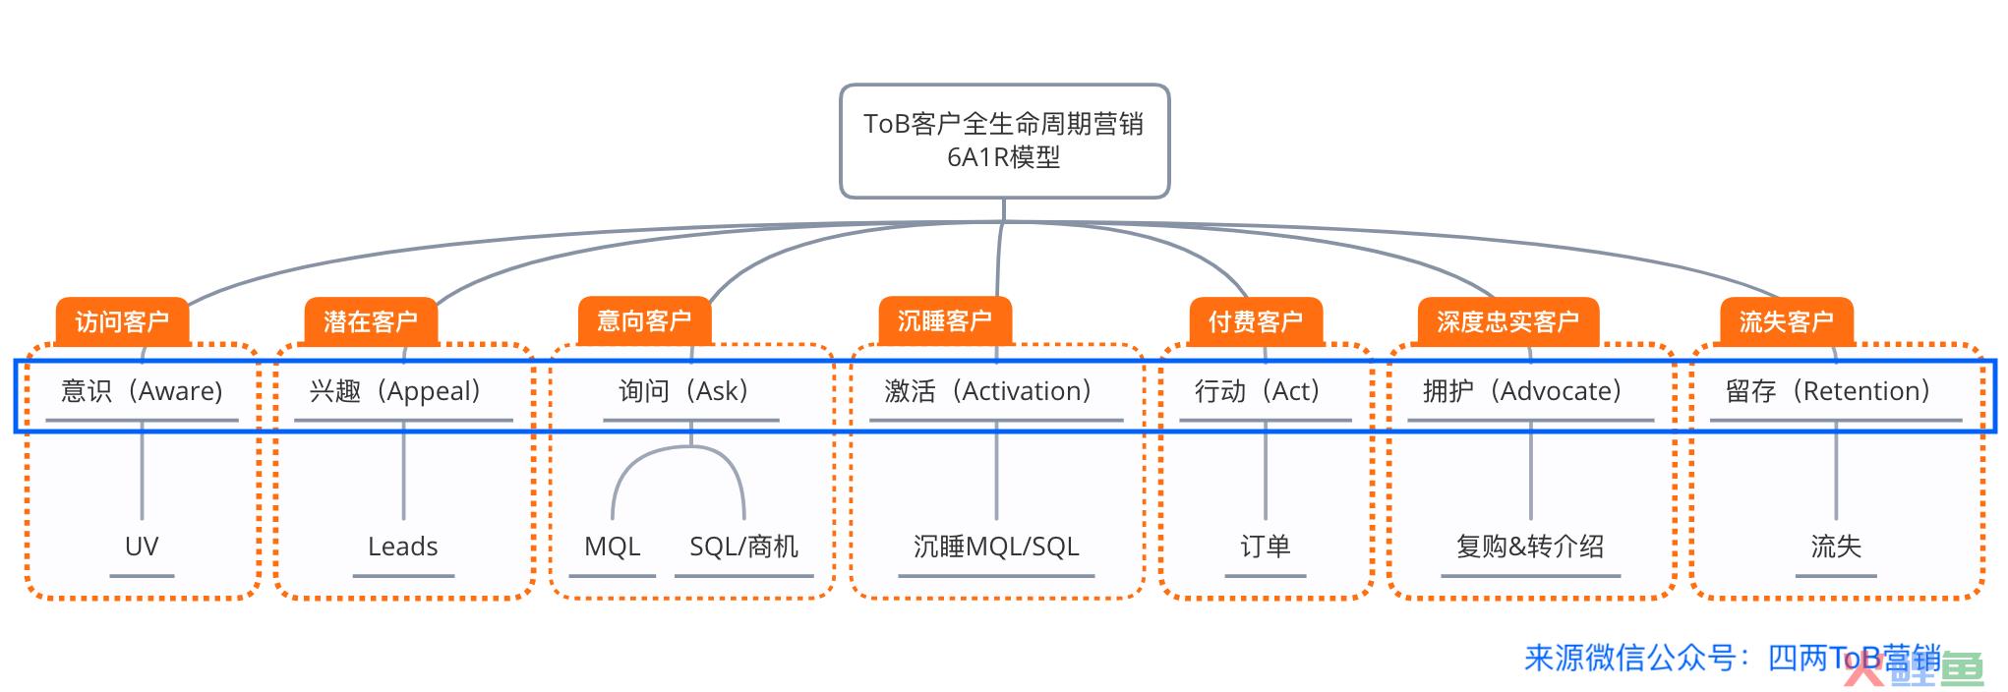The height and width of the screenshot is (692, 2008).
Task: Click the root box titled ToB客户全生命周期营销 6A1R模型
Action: coord(1004,141)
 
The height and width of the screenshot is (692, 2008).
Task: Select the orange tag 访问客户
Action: coord(122,321)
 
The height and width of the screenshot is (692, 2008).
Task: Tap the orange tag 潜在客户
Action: coord(371,321)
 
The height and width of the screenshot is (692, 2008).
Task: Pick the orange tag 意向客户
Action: coord(644,320)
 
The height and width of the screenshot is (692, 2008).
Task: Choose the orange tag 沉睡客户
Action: coord(945,320)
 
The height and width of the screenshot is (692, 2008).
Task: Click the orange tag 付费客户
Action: coord(1256,321)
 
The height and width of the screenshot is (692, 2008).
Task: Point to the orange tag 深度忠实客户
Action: coord(1507,321)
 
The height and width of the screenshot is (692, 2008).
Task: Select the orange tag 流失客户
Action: coord(1786,321)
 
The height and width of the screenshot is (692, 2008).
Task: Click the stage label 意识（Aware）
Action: coord(143,391)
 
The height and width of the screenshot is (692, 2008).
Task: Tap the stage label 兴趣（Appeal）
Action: coord(396,391)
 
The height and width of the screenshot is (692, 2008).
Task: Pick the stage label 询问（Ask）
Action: coord(684,391)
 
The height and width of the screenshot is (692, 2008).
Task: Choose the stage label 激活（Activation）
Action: coord(989,391)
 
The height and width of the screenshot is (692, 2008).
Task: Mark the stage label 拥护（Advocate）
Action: coord(1523,391)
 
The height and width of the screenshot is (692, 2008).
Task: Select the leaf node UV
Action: coord(142,547)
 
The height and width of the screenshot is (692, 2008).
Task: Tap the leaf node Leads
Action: coord(403,547)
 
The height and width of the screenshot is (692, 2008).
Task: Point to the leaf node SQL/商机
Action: coord(744,547)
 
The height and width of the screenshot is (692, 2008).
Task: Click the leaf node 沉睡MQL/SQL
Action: coord(996,547)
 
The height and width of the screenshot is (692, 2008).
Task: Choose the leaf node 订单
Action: coord(1266,547)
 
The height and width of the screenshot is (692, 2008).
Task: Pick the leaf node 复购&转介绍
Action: coord(1530,547)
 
